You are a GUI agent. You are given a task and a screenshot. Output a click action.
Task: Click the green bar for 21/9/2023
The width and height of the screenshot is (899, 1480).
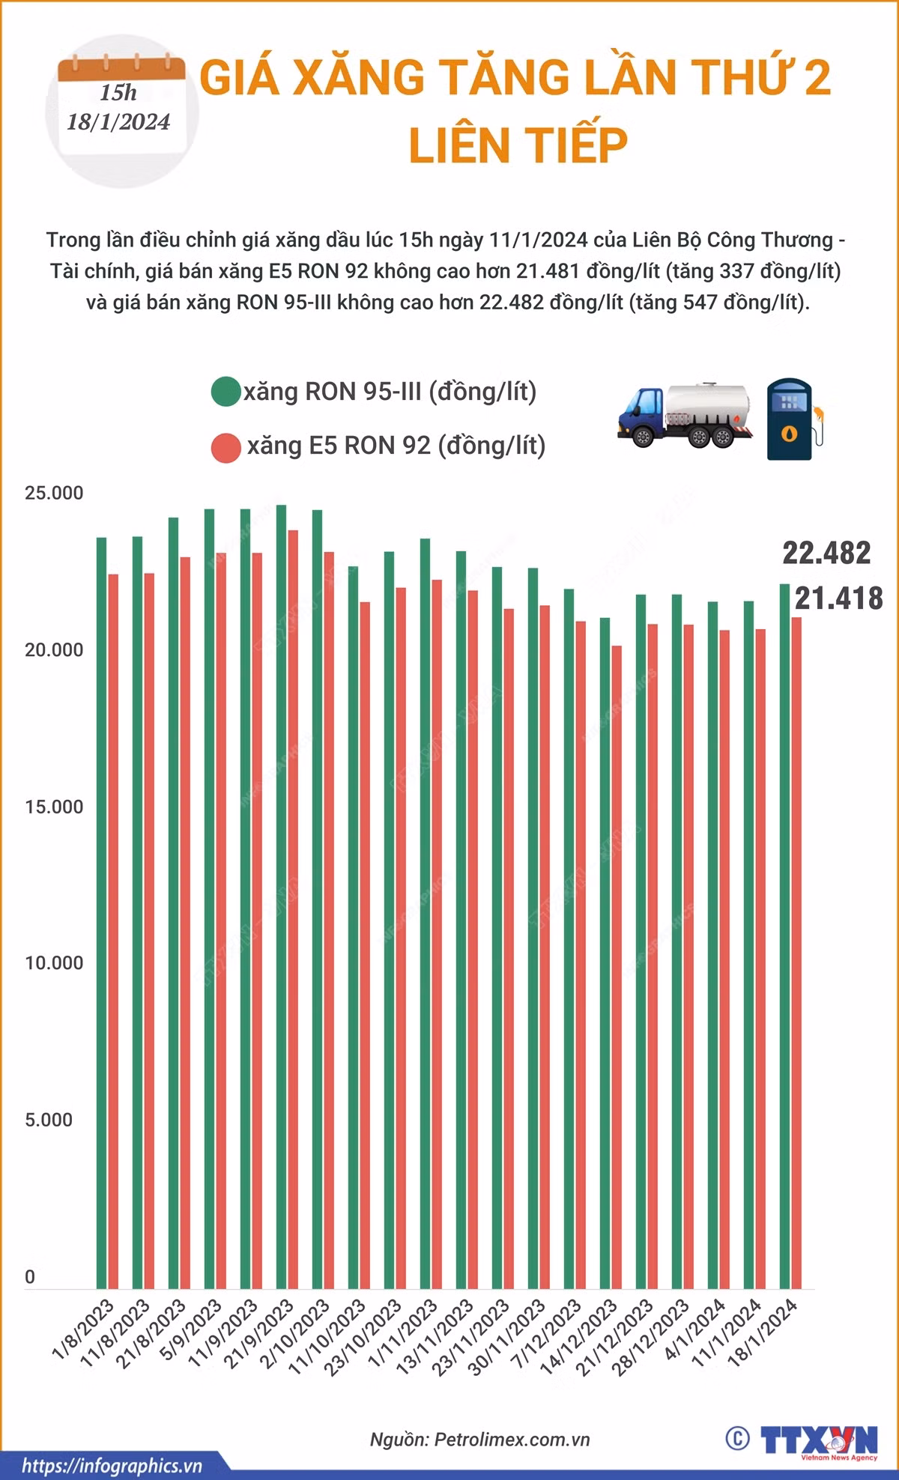(x=281, y=897)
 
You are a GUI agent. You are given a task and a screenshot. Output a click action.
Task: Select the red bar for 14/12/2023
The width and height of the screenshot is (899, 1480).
(x=617, y=967)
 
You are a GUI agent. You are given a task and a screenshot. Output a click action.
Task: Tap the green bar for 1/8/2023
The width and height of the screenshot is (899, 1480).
(x=101, y=913)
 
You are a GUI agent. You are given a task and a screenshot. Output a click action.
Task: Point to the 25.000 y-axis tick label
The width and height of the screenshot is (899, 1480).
(x=54, y=494)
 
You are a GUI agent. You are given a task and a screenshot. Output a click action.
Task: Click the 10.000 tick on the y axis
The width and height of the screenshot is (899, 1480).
(x=54, y=963)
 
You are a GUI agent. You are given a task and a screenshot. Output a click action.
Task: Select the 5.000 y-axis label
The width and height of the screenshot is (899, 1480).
(x=49, y=1120)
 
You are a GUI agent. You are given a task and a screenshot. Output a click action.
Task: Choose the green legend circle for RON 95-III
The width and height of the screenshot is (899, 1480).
(x=225, y=392)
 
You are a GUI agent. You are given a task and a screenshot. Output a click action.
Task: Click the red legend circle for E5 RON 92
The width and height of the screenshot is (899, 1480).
(x=225, y=447)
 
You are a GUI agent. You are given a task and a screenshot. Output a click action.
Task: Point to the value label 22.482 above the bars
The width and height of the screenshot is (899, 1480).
(x=826, y=553)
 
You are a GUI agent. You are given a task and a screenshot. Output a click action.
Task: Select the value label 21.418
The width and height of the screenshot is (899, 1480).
(x=839, y=598)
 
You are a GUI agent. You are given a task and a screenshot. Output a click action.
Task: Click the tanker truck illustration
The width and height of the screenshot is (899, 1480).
(x=684, y=416)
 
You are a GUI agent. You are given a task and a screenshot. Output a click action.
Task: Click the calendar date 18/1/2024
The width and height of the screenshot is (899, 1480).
(x=118, y=122)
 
